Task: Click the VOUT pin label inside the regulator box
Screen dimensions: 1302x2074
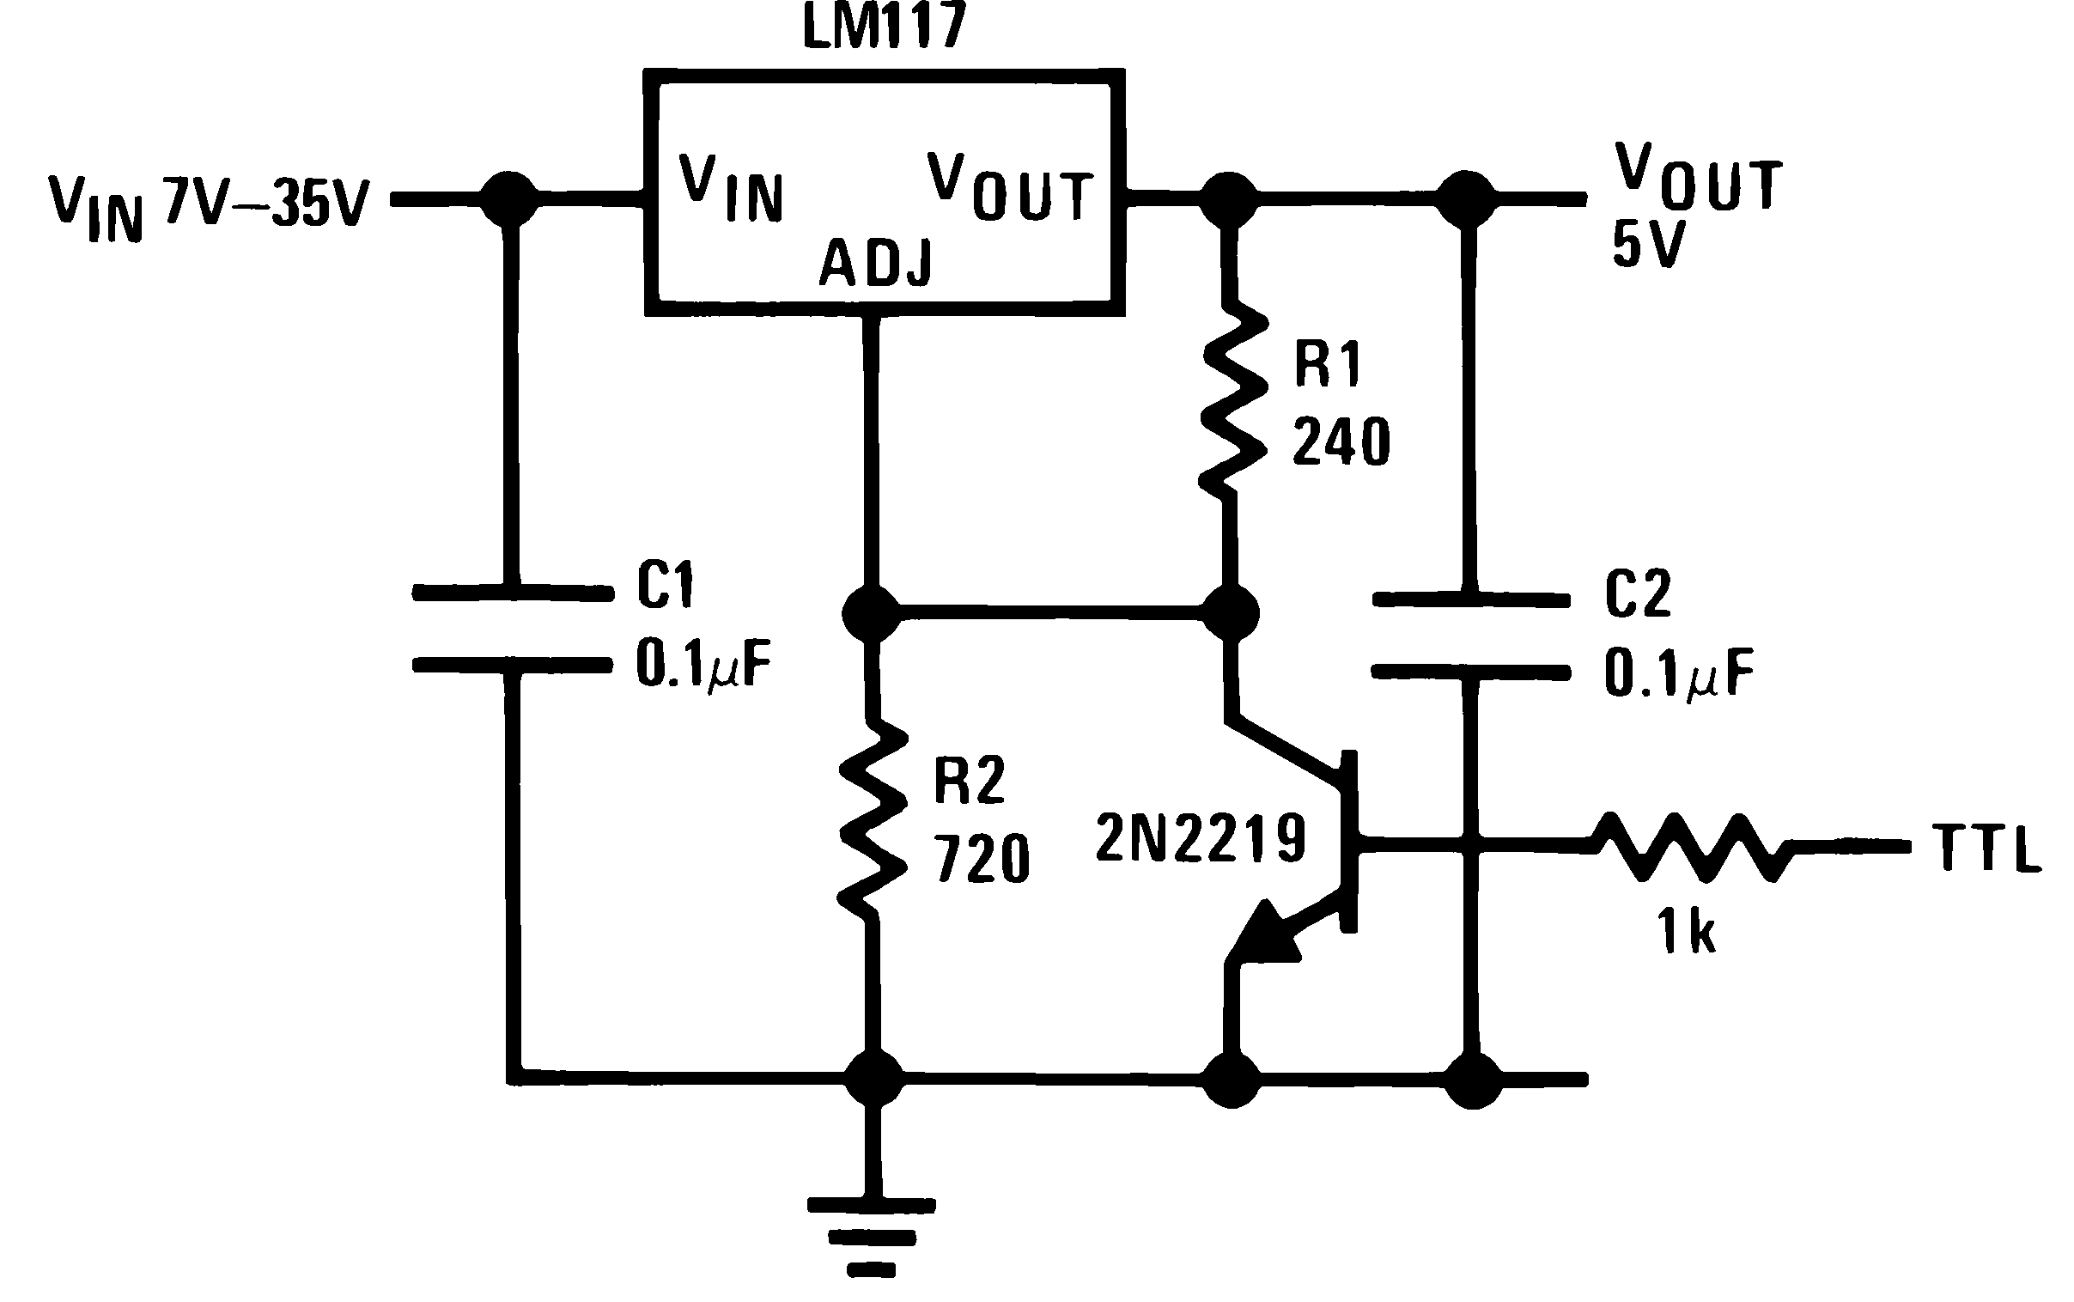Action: [1010, 188]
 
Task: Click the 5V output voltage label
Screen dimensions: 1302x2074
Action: [1647, 245]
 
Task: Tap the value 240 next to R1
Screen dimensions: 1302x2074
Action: [1341, 441]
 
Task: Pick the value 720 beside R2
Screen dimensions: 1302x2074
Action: [982, 859]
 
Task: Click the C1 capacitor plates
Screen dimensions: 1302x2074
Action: [513, 629]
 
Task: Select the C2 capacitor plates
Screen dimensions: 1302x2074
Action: [1470, 636]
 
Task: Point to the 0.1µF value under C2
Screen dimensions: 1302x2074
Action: [1678, 672]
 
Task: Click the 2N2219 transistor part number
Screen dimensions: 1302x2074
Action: [1200, 838]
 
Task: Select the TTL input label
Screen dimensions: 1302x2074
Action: [1986, 849]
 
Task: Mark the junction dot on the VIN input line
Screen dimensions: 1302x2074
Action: [508, 199]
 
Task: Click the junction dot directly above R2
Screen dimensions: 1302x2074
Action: [872, 613]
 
